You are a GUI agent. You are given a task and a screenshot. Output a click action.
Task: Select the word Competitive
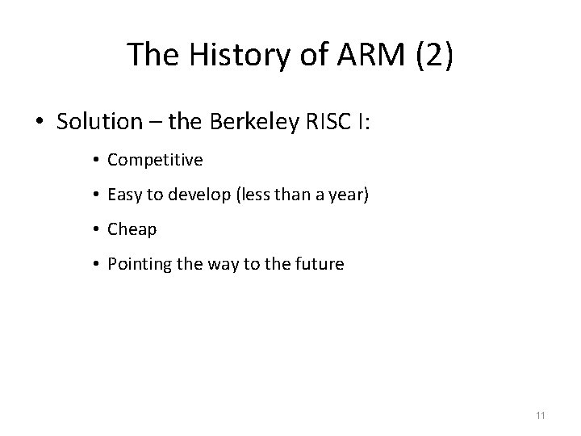pos(155,160)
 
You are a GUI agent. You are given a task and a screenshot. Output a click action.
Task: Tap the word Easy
pos(124,195)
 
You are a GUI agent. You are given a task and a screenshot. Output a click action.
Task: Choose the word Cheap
pos(132,229)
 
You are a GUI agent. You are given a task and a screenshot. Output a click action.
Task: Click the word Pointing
pos(136,264)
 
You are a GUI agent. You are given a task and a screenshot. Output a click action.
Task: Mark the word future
pos(321,264)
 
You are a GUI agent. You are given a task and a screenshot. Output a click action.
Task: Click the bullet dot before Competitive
pos(96,161)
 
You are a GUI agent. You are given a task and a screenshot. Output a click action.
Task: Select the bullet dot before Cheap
pos(96,230)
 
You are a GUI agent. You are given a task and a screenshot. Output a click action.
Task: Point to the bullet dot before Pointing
pos(96,265)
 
